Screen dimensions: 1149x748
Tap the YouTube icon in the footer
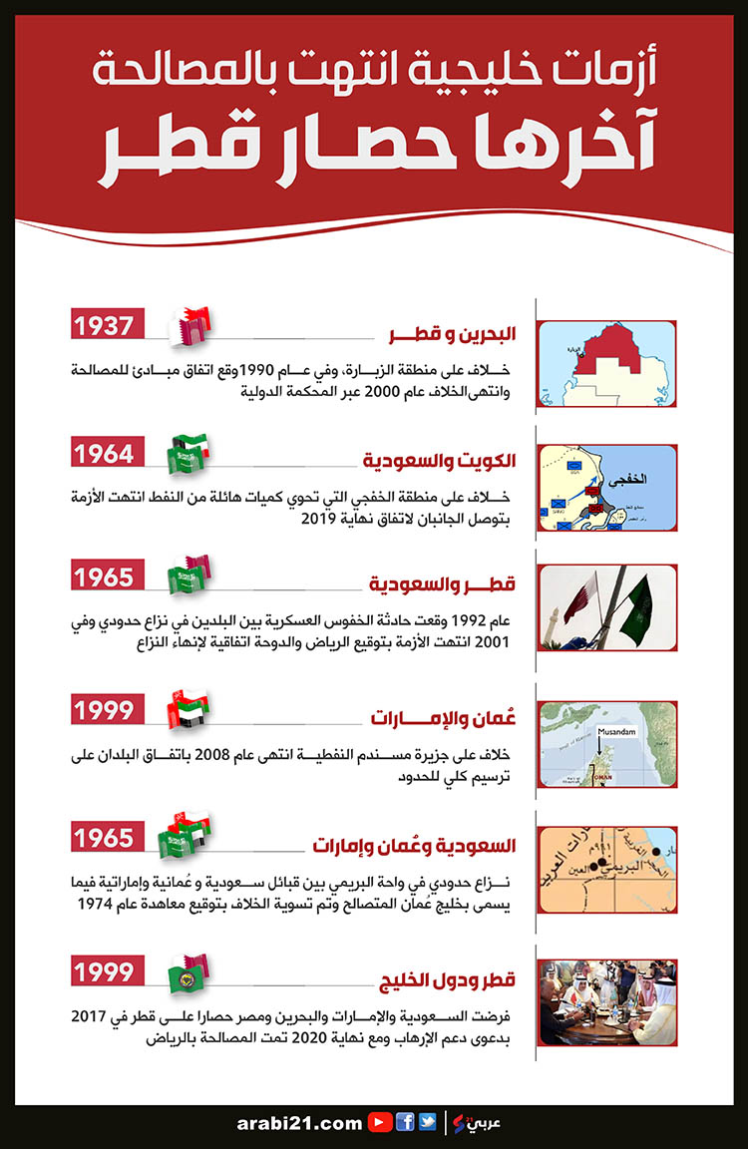379,1122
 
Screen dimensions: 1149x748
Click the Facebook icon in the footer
406,1122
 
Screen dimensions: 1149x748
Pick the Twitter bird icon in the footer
427,1122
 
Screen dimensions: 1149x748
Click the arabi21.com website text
300,1123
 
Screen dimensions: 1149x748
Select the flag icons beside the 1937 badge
190,325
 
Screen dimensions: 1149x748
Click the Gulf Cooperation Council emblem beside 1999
186,976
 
